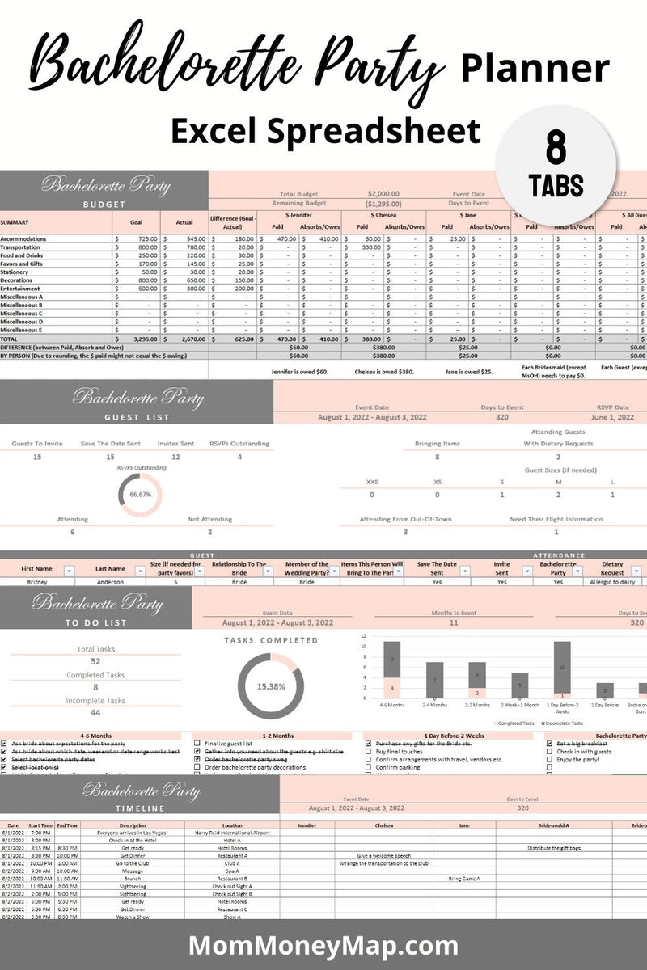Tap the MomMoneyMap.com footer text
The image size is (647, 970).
point(323,945)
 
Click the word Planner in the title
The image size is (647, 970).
point(535,69)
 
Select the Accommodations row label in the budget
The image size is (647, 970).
point(23,239)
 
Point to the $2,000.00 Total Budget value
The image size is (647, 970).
point(383,194)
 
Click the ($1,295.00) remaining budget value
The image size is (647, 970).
point(383,204)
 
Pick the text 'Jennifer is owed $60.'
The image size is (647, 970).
point(300,373)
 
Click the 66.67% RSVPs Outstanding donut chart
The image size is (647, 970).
point(140,496)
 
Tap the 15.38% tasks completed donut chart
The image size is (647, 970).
point(271,686)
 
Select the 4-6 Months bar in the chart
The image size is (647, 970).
point(391,671)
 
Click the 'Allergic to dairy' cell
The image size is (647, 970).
point(613,581)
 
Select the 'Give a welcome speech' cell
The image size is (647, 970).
point(384,854)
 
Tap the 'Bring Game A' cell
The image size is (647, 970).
point(464,878)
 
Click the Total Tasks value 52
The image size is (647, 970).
point(95,661)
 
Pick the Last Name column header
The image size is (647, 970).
point(110,569)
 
